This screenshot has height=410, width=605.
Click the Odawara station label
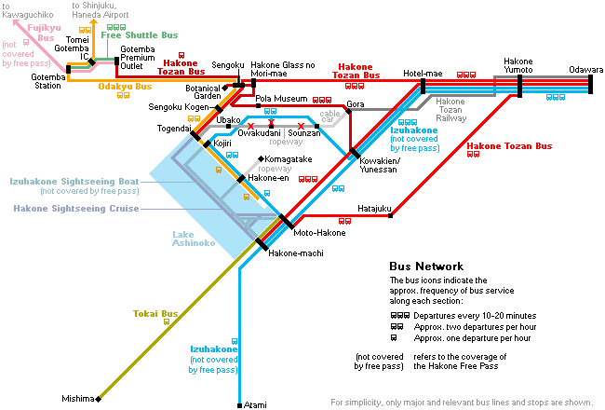585,70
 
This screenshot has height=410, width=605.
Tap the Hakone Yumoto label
518,65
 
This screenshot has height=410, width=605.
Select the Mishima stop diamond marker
99,399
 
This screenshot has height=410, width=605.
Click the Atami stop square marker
239,405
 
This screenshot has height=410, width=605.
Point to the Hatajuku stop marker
391,215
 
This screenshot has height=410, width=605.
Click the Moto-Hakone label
319,233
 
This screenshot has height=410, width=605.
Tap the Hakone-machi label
296,253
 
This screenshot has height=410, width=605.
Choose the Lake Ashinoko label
194,239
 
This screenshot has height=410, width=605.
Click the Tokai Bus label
155,313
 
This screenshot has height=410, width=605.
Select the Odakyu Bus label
125,86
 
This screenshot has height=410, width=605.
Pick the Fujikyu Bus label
44,33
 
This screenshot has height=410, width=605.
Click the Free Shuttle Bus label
140,35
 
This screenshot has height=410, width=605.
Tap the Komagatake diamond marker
262,158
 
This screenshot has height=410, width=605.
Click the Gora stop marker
348,111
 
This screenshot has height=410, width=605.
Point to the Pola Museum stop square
258,106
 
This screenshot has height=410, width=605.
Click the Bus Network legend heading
426,266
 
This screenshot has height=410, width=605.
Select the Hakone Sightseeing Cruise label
76,209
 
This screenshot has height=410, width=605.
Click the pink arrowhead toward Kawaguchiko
17,22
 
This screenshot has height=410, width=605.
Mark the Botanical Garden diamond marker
225,89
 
